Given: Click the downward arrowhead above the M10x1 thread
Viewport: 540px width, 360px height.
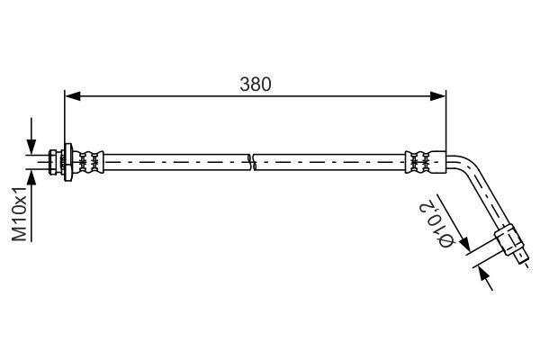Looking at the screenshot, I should (x=31, y=147).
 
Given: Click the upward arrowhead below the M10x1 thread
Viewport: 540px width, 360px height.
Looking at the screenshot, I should (x=31, y=176).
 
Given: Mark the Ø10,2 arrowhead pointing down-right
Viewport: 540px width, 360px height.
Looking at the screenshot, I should (x=464, y=246).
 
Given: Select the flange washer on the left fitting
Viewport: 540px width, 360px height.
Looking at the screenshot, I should (x=66, y=161).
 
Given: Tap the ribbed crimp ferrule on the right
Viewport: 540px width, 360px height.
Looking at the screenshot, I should (x=419, y=162).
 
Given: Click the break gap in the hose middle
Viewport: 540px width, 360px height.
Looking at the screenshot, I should (x=251, y=162).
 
